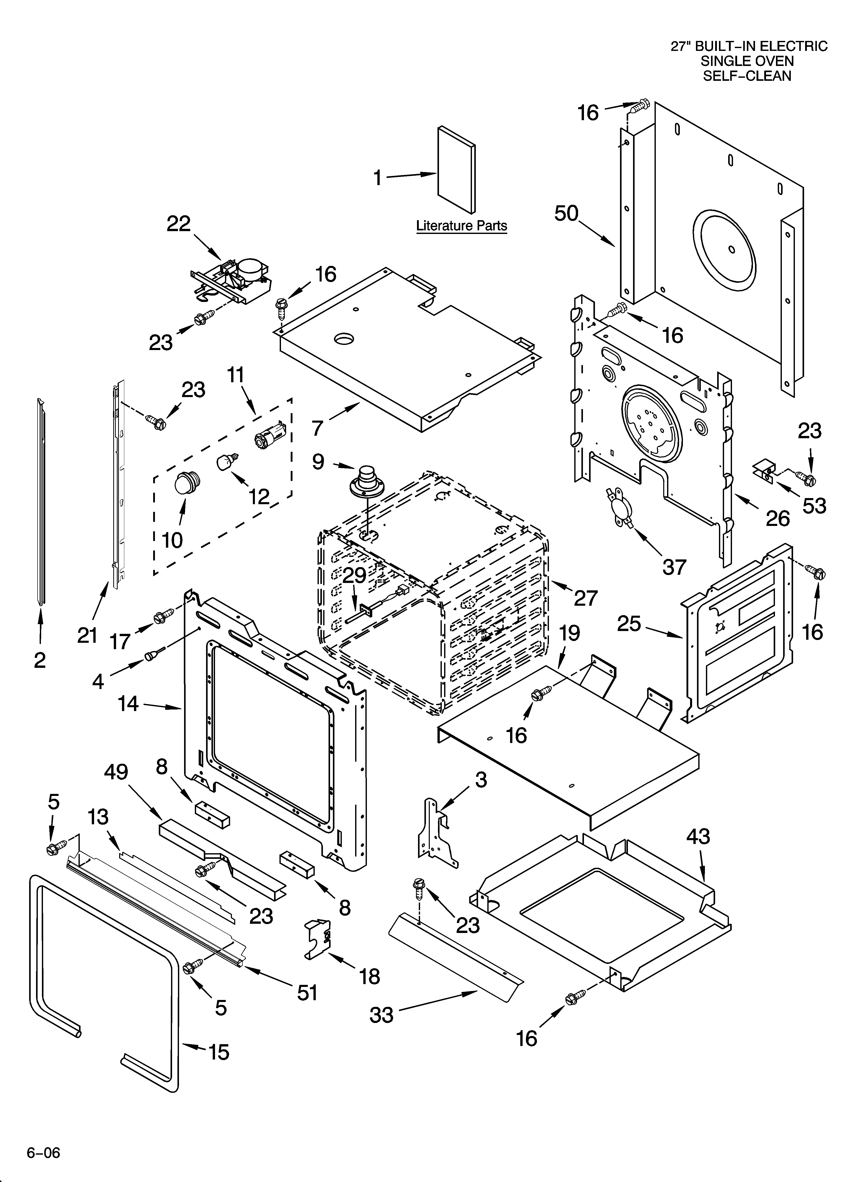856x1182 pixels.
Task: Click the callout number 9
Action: tap(318, 462)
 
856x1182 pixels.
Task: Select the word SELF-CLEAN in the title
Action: tap(747, 76)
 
